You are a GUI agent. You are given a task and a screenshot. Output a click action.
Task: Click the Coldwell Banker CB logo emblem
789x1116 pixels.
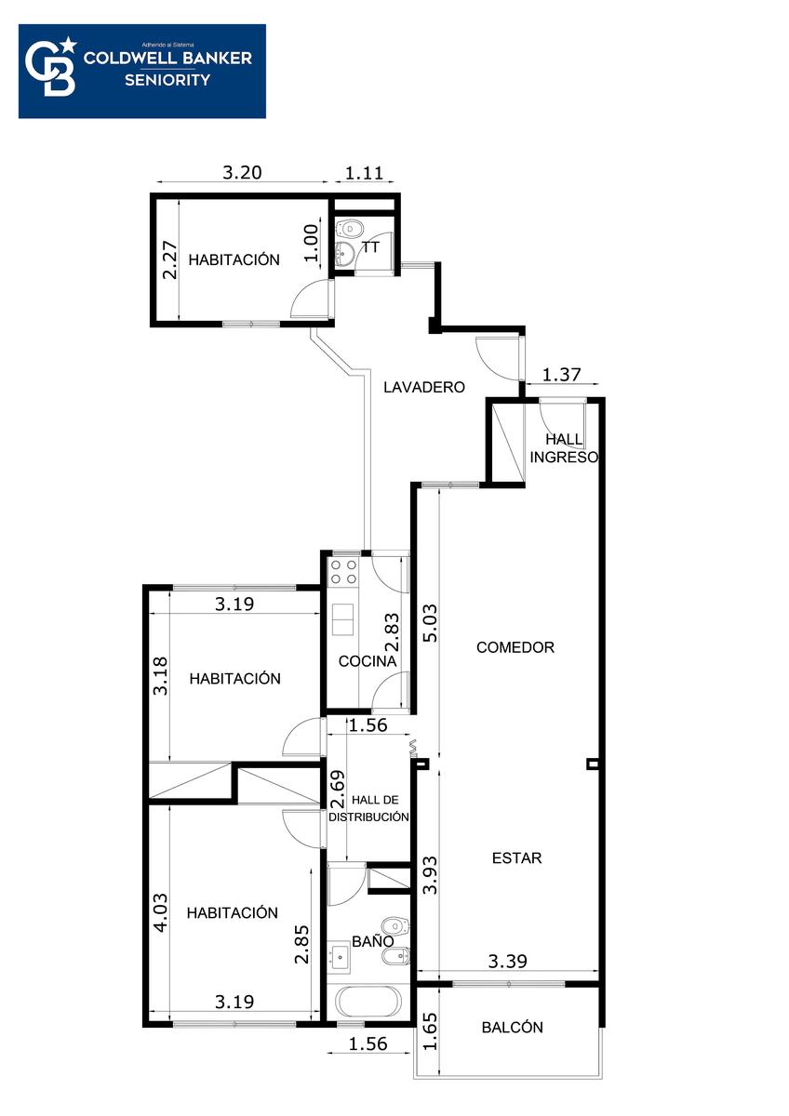[51, 66]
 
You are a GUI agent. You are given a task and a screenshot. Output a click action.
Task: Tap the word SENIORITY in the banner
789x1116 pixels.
[167, 80]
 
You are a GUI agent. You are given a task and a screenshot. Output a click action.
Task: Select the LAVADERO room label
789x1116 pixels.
[424, 387]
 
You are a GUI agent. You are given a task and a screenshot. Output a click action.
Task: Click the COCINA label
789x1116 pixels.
[368, 661]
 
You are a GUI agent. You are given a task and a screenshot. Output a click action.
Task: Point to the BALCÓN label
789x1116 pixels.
[512, 1028]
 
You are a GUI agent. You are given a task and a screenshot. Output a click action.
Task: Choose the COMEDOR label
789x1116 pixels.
[515, 647]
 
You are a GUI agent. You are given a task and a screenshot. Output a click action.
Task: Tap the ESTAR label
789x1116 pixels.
[517, 857]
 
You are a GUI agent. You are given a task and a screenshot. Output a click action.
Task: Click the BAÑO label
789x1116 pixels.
[373, 940]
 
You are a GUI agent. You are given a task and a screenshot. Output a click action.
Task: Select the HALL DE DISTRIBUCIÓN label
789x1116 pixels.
[368, 808]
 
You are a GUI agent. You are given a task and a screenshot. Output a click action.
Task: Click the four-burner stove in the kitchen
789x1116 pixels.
[344, 572]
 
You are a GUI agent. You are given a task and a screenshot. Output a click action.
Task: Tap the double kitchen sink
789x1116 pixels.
[343, 619]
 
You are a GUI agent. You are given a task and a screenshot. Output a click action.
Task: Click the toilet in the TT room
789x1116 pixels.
[351, 229]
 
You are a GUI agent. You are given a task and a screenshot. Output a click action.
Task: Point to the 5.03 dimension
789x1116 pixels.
[429, 623]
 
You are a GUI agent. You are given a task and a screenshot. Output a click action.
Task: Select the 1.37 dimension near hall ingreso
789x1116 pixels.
[561, 374]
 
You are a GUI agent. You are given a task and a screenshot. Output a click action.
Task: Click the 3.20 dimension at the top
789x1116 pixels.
[242, 172]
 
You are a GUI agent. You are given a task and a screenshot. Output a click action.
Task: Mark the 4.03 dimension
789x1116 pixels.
[161, 912]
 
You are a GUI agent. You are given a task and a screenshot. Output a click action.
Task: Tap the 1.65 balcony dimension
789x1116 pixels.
[429, 1031]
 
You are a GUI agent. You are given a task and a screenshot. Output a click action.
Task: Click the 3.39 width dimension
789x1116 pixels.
[507, 961]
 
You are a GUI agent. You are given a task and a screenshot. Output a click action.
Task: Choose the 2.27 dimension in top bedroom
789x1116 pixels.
[170, 260]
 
